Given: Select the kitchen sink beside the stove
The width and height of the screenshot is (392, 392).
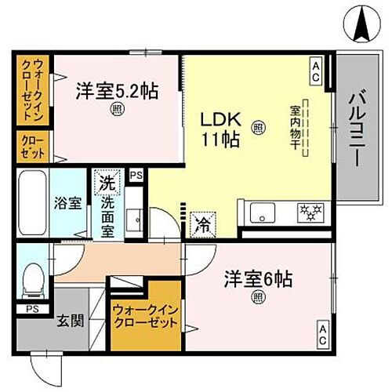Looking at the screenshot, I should [x=261, y=212].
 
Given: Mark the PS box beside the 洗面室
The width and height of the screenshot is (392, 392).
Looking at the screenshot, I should [x=136, y=176].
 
